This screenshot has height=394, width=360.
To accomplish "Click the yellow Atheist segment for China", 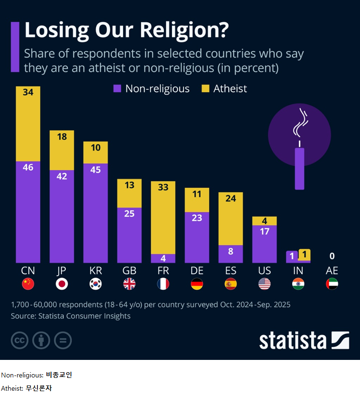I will point(28,124).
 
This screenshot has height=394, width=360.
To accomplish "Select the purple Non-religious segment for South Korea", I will point(96,213).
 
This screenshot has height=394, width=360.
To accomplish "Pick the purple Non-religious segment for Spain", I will point(231,254).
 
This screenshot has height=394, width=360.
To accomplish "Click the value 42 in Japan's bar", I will point(62,176).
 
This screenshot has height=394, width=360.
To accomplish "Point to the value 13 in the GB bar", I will point(129,185).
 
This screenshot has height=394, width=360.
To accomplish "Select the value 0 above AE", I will point(332,256).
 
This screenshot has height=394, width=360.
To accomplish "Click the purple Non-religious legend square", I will point(117,89).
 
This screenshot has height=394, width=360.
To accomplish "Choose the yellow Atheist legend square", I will point(205,89).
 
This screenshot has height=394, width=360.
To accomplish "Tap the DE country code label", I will point(197,271).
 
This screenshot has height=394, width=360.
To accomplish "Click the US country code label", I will point(264,271).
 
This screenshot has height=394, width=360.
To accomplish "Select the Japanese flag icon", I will point(62,284).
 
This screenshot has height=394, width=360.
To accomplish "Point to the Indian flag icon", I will point(298,284).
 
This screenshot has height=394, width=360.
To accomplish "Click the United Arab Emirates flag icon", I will point(332,284).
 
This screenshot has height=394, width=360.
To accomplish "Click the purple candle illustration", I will point(299,168).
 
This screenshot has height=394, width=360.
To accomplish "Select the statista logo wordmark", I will point(293,340).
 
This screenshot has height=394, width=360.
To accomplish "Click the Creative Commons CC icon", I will point(19,340).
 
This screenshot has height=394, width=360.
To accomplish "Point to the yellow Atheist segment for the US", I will point(264,221).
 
